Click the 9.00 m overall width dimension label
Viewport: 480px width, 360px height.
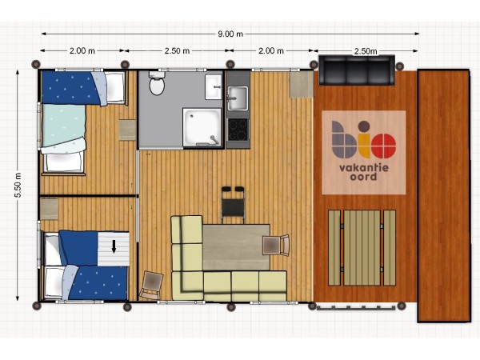(x=230, y=34)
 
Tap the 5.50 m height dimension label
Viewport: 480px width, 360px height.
(x=18, y=186)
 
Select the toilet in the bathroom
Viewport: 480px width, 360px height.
(x=157, y=83)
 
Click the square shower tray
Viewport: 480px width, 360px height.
(x=202, y=127)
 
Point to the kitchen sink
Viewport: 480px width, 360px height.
(x=238, y=98)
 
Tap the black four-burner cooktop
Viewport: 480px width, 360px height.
(x=238, y=130)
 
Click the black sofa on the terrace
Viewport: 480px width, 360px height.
(x=357, y=70)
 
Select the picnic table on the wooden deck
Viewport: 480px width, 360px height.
(x=362, y=248)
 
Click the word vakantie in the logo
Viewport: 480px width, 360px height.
(x=364, y=168)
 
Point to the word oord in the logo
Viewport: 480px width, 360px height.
(x=363, y=177)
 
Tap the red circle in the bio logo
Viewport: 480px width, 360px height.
(x=384, y=146)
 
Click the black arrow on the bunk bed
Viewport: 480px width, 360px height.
(x=114, y=246)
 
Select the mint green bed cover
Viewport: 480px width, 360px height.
(x=63, y=126)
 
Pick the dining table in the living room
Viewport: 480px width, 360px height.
(x=236, y=247)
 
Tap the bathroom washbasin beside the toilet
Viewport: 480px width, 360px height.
(x=214, y=86)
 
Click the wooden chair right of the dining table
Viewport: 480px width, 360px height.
(x=276, y=246)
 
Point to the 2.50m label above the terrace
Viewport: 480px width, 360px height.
(x=366, y=51)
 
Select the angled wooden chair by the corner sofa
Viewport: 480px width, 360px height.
(x=151, y=286)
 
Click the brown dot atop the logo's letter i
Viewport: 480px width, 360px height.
(x=364, y=126)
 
